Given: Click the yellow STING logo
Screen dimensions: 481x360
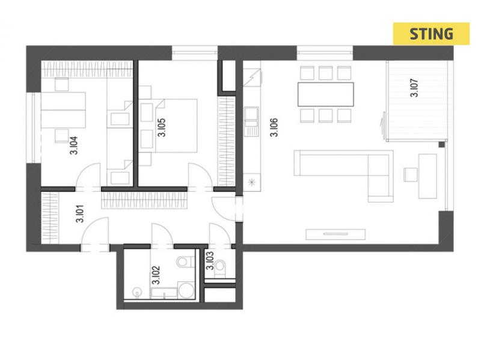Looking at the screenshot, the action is tap(431, 34).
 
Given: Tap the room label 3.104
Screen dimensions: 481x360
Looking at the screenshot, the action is tap(73, 145).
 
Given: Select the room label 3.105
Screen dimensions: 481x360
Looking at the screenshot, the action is tap(161, 127).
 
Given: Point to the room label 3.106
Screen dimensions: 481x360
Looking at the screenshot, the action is tap(274, 127).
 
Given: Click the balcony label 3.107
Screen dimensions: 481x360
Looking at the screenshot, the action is tap(414, 88).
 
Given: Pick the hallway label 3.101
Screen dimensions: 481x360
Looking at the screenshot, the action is tap(80, 213).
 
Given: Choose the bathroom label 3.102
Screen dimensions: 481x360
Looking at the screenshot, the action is tap(156, 275).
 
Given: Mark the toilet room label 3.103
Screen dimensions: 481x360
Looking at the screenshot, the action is tap(210, 261).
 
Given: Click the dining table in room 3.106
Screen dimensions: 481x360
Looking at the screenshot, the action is tap(325, 94).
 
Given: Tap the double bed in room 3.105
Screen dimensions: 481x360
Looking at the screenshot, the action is tap(176, 126).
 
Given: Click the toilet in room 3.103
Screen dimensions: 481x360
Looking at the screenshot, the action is tap(220, 266).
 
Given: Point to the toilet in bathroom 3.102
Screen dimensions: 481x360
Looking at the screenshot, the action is tap(183, 262).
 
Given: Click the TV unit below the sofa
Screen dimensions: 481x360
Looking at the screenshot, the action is tap(335, 234).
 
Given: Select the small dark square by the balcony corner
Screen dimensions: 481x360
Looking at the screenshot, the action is tap(441, 144).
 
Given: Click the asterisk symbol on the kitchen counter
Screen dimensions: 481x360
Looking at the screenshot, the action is tap(251, 183).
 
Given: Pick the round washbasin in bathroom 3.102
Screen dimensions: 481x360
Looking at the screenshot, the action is tap(136, 291).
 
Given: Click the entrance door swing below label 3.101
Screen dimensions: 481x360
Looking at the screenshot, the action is tap(95, 231).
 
